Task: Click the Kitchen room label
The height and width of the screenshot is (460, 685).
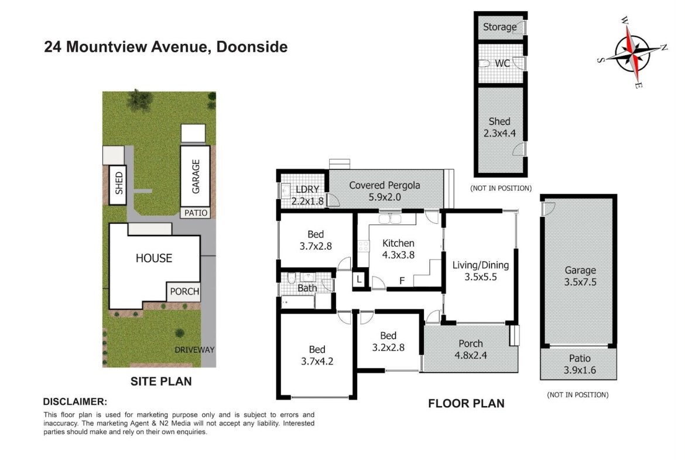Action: click(x=398, y=249)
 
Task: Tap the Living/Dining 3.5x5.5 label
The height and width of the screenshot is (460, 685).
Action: click(x=480, y=271)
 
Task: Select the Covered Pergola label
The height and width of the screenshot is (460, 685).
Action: click(x=385, y=190)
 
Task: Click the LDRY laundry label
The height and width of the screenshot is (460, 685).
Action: click(x=307, y=195)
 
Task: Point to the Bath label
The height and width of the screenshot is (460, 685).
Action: click(x=307, y=288)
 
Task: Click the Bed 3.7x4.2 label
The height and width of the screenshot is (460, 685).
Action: click(x=317, y=355)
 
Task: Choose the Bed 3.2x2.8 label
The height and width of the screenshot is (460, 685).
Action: click(x=388, y=342)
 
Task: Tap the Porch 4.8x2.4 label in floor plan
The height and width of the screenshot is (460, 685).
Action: click(x=471, y=349)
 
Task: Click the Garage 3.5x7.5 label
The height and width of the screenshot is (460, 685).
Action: click(x=580, y=276)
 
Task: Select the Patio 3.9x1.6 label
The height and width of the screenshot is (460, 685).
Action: click(x=580, y=364)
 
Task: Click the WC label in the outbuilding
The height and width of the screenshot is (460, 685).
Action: click(x=502, y=63)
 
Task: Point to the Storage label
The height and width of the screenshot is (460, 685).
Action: click(x=499, y=27)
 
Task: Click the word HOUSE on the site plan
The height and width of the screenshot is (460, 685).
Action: click(x=154, y=258)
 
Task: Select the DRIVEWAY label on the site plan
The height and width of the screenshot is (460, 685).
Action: click(x=194, y=350)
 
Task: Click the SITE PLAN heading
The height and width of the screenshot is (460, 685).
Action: click(x=161, y=381)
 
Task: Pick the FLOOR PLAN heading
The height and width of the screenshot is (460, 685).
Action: click(x=466, y=403)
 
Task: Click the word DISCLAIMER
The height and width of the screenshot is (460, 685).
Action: click(x=75, y=401)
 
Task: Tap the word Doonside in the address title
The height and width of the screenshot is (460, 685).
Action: click(x=252, y=47)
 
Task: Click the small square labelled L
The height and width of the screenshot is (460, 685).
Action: click(x=359, y=280)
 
